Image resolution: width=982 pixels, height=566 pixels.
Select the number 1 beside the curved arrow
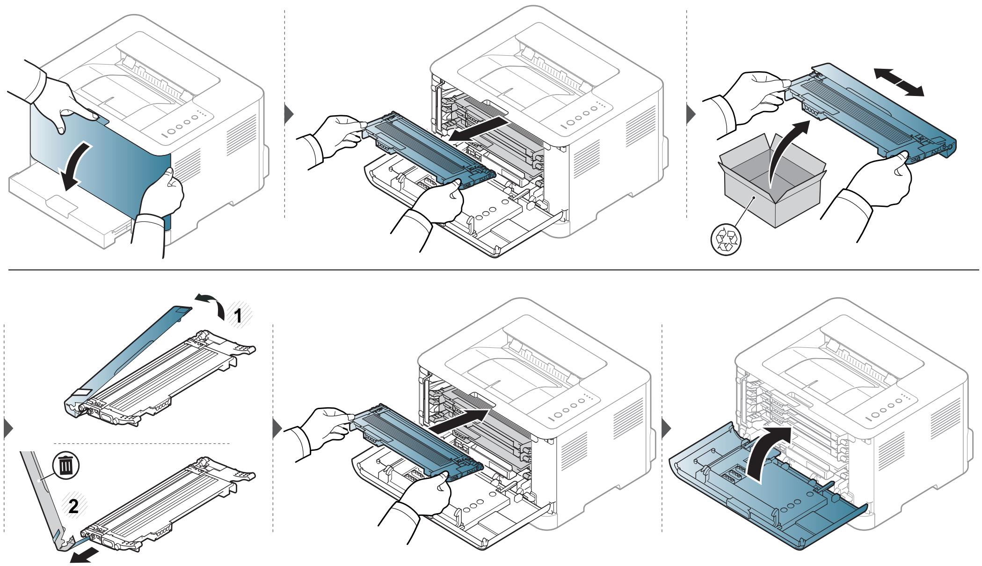point(238,316)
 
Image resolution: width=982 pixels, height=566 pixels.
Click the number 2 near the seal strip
point(73,507)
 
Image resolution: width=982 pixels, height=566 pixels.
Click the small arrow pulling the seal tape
point(85,556)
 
